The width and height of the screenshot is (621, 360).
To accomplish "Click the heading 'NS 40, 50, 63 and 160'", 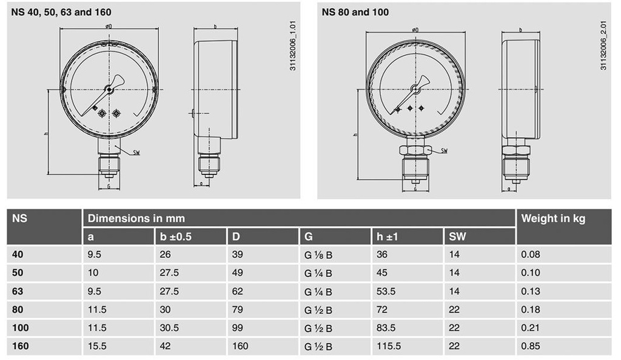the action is coord(61,12).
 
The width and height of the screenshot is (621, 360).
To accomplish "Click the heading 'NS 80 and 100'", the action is coord(355,12).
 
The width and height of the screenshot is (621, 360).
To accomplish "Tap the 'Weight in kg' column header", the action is coord(553,218).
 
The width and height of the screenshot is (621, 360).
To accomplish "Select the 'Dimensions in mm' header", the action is coord(136,218).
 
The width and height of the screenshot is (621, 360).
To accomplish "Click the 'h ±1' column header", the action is coord(387,236).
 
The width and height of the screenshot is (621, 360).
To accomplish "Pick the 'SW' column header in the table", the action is coord(457,236).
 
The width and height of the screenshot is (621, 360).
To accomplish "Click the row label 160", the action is coord(20,346).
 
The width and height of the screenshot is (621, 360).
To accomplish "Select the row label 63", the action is coord(18,291).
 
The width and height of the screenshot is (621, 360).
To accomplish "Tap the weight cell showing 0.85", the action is coord(531,346).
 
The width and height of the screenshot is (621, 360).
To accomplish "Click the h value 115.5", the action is coord(389,346).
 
